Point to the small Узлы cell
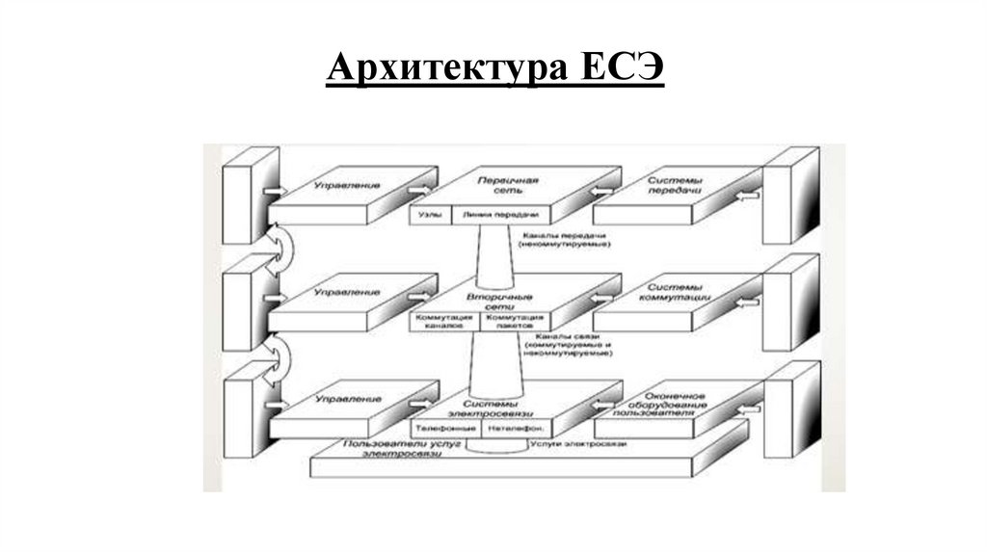(x=426, y=215)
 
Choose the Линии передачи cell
(x=500, y=215)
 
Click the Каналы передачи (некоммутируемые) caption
(x=566, y=240)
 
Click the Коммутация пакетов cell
(x=515, y=321)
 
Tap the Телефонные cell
(x=444, y=428)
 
